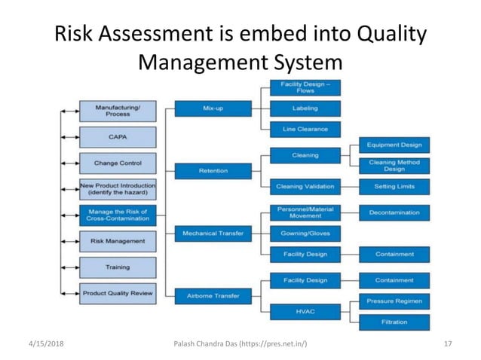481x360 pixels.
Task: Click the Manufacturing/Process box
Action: pyautogui.click(x=117, y=111)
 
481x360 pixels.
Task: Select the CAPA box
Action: pyautogui.click(x=117, y=137)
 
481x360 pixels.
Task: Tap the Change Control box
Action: pyautogui.click(x=117, y=163)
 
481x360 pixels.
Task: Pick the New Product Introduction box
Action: pyautogui.click(x=117, y=189)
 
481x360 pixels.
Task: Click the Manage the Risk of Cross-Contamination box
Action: pyautogui.click(x=117, y=215)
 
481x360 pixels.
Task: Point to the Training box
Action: pyautogui.click(x=117, y=267)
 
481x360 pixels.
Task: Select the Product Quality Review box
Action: pyautogui.click(x=117, y=292)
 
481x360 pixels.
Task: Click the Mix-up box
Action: pyautogui.click(x=213, y=108)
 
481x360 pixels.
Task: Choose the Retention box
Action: pyautogui.click(x=213, y=171)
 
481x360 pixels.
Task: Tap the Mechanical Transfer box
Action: pyautogui.click(x=213, y=233)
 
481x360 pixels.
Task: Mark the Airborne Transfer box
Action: pyautogui.click(x=213, y=296)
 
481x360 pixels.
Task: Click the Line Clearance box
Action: pyautogui.click(x=305, y=130)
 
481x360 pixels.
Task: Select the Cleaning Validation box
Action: pyautogui.click(x=305, y=186)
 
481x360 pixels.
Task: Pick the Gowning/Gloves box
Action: pyautogui.click(x=305, y=233)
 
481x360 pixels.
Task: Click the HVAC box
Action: pyautogui.click(x=305, y=311)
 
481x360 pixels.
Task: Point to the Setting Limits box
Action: pyautogui.click(x=394, y=186)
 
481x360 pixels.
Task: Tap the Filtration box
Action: pyautogui.click(x=394, y=322)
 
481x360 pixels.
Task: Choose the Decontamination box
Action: pyautogui.click(x=394, y=212)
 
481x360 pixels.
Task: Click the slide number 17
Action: pyautogui.click(x=448, y=344)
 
